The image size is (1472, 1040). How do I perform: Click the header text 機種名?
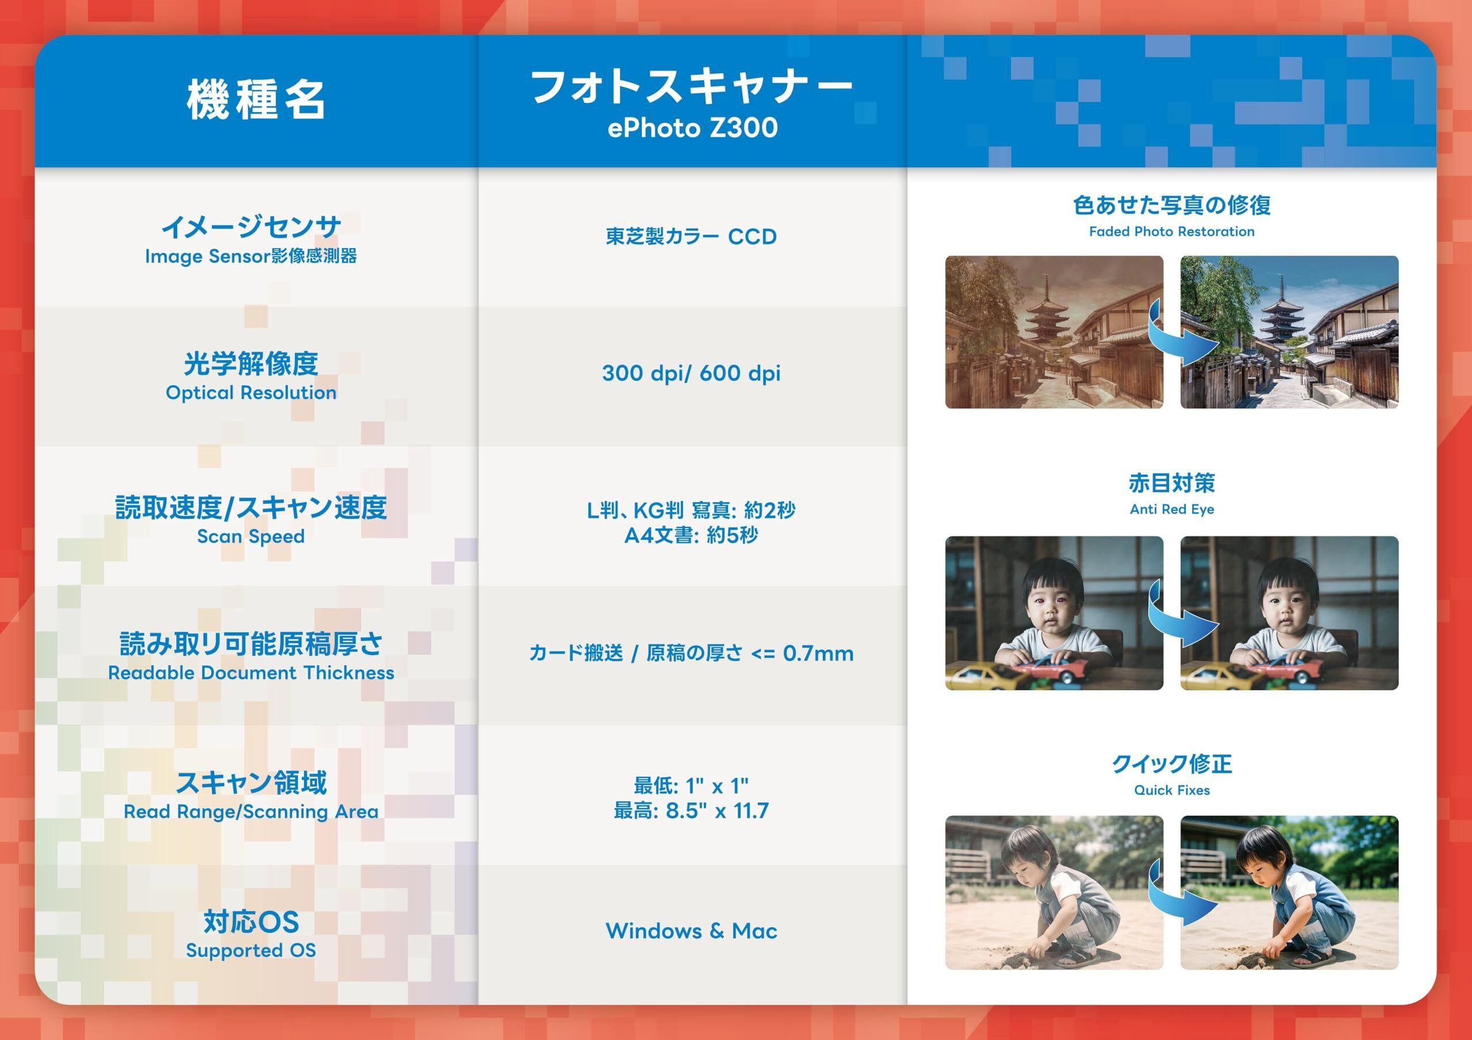(x=256, y=100)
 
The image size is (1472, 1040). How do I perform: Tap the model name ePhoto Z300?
(x=692, y=128)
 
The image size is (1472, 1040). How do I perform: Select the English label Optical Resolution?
(x=251, y=393)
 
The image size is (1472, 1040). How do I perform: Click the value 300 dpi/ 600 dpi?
(x=691, y=373)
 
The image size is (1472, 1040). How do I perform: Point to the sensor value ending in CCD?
(x=691, y=237)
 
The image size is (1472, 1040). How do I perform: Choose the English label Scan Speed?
(x=251, y=536)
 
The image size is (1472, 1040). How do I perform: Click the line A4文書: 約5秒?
(x=691, y=535)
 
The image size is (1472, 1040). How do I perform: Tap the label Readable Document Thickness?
(x=251, y=673)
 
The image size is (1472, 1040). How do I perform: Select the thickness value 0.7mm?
(x=818, y=654)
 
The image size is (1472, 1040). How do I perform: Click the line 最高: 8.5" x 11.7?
(x=691, y=811)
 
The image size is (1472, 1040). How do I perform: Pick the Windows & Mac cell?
(x=691, y=930)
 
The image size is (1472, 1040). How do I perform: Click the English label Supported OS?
(x=251, y=950)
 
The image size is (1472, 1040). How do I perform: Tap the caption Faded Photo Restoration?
(x=1171, y=232)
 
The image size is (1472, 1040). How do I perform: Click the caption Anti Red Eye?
(x=1171, y=510)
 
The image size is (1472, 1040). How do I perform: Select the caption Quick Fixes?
(x=1171, y=790)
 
